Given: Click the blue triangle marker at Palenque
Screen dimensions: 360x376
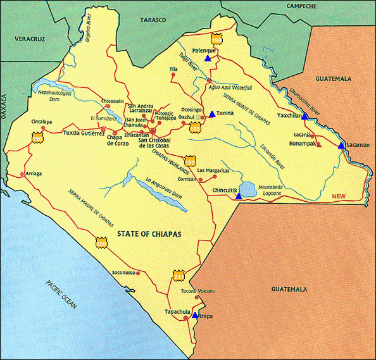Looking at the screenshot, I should pyautogui.click(x=208, y=58).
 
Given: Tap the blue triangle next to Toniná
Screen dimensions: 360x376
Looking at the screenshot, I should pyautogui.click(x=212, y=114).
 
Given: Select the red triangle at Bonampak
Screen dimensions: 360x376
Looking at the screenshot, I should pyautogui.click(x=318, y=144).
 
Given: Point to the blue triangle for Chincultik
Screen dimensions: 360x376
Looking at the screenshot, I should pyautogui.click(x=238, y=196).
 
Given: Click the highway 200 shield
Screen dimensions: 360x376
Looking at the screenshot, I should pyautogui.click(x=101, y=242).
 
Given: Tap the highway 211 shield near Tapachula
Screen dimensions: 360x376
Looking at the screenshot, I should pyautogui.click(x=179, y=276).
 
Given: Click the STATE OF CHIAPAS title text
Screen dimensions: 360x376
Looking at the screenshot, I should pyautogui.click(x=150, y=234).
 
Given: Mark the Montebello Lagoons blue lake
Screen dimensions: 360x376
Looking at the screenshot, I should pyautogui.click(x=248, y=189).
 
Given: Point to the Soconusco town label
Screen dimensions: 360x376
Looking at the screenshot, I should pyautogui.click(x=125, y=273).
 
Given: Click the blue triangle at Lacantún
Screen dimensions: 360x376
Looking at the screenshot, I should pyautogui.click(x=341, y=146).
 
